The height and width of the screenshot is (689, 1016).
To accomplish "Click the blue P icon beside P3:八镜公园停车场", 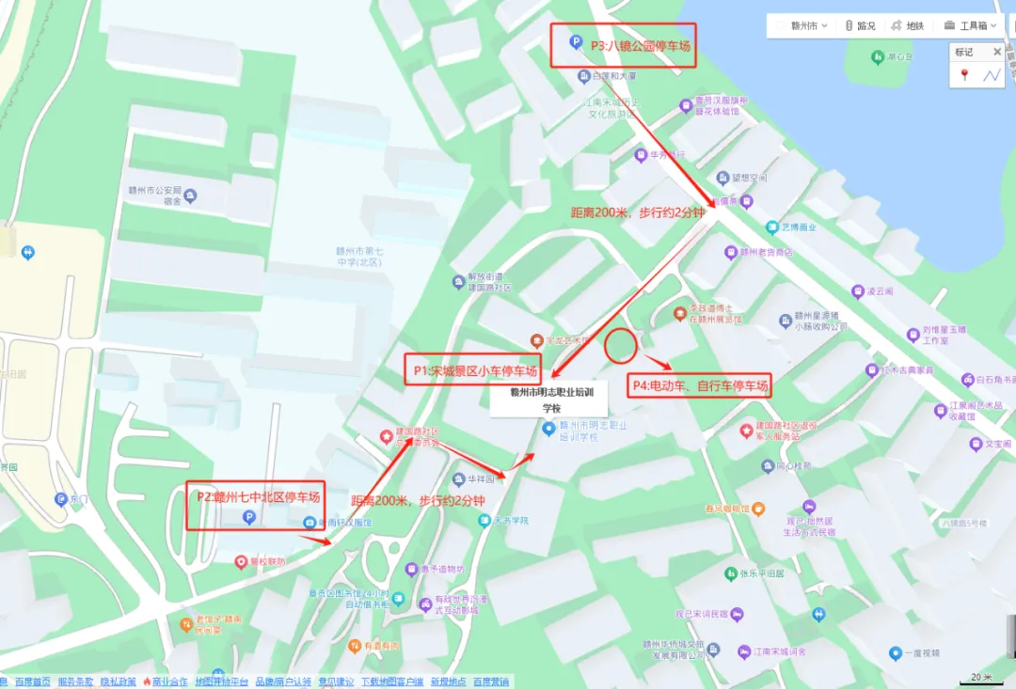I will (x=575, y=42).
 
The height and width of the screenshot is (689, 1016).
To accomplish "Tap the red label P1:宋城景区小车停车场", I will (x=475, y=371).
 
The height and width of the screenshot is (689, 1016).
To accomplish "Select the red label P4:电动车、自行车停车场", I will (x=700, y=385).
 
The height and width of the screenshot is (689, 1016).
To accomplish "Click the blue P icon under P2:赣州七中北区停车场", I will (x=248, y=516).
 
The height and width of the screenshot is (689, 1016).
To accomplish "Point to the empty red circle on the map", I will (x=620, y=347).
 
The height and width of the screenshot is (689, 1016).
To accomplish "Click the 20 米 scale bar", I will (x=981, y=678).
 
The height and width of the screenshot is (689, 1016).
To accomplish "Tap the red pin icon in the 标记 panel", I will (x=964, y=75).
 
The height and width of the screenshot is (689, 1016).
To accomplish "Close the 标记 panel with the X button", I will (x=997, y=53).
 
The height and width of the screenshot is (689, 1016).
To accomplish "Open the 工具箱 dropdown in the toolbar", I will (x=973, y=26).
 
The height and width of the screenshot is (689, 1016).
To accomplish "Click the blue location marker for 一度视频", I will (x=895, y=652).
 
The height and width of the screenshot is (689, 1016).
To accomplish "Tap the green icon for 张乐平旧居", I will (x=730, y=573).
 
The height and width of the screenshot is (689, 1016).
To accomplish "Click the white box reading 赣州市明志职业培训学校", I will (x=549, y=400).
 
